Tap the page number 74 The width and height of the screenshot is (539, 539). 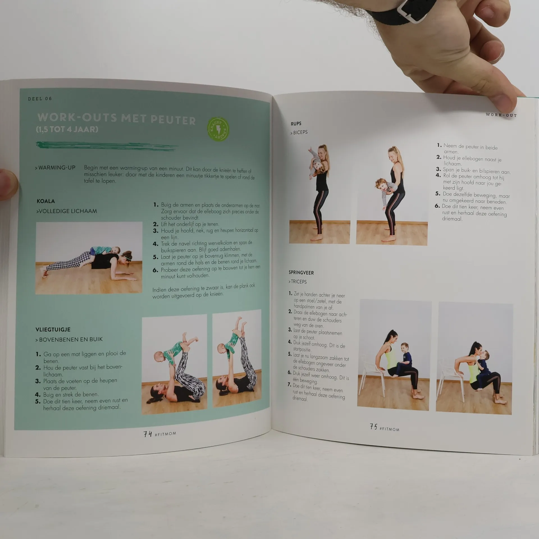coord(148,434)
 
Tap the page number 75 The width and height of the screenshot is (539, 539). coord(373,427)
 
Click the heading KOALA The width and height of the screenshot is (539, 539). coord(45,201)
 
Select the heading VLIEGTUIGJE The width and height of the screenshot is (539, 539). coord(53,330)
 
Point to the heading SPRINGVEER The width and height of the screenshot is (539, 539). coord(301,273)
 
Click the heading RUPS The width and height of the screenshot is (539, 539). coord(296,124)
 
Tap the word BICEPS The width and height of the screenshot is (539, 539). coord(300,132)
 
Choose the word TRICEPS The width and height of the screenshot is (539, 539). coord(299,282)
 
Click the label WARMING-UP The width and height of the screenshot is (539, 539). coord(57,168)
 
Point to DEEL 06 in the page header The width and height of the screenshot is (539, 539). coord(40,99)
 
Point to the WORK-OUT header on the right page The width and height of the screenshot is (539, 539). coord(501,115)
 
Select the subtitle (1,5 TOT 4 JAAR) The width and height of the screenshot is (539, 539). coord(67,130)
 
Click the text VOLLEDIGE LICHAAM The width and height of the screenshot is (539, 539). coord(68,211)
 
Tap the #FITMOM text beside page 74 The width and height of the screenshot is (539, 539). coord(165,434)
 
